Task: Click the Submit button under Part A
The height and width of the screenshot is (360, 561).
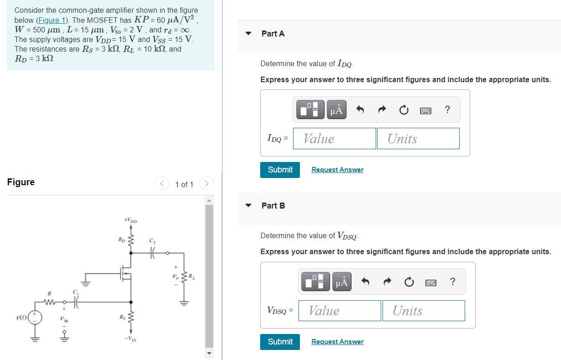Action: pyautogui.click(x=280, y=170)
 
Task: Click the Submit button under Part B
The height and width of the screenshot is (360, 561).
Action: pyautogui.click(x=280, y=342)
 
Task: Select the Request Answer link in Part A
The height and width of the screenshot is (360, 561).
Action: pyautogui.click(x=337, y=170)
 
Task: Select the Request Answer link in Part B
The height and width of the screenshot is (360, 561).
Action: pyautogui.click(x=337, y=342)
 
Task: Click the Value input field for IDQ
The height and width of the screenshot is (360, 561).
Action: pyautogui.click(x=334, y=138)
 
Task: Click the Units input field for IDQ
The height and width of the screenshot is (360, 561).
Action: pyautogui.click(x=418, y=138)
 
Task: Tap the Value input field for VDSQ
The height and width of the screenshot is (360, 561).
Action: pyautogui.click(x=340, y=311)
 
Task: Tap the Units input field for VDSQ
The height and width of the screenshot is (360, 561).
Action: pyautogui.click(x=423, y=311)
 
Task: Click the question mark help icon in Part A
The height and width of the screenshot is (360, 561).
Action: pyautogui.click(x=447, y=110)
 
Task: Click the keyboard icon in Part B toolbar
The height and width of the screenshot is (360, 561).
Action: pyautogui.click(x=430, y=282)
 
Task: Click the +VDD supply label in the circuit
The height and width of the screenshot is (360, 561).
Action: pyautogui.click(x=131, y=221)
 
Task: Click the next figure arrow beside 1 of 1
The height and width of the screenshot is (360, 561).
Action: pyautogui.click(x=206, y=184)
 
